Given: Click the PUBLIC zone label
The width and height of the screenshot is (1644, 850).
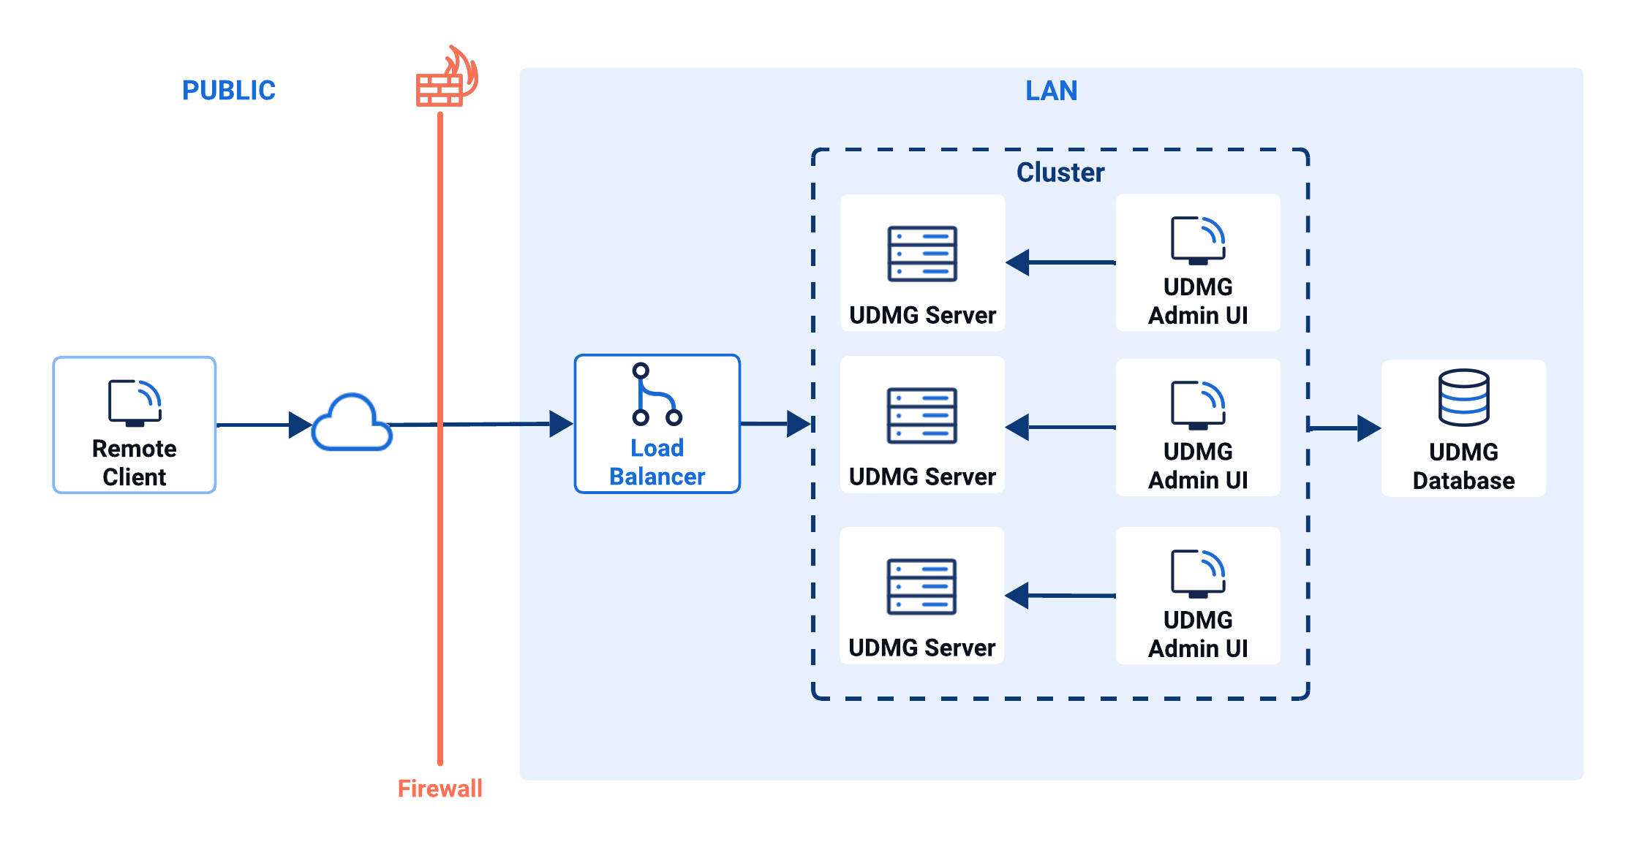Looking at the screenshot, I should [x=228, y=91].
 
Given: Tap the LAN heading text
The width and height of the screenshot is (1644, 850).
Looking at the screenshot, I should [x=1051, y=91].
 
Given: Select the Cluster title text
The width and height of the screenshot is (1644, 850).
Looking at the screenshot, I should [x=1060, y=172].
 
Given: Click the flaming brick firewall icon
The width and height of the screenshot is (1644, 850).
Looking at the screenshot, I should [x=445, y=79].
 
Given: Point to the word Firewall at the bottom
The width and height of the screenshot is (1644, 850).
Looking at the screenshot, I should [x=440, y=788].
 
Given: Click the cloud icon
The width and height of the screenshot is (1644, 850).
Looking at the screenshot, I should [x=352, y=424].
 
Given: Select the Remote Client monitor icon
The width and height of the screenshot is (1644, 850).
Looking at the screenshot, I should [x=135, y=402].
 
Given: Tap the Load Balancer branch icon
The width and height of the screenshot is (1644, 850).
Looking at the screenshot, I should [x=655, y=395].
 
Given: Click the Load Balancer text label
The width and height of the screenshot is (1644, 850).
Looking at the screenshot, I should [x=657, y=462].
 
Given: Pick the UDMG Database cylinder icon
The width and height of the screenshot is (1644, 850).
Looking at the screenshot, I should [x=1463, y=398].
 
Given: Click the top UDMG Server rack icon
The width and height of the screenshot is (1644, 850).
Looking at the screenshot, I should [x=922, y=254].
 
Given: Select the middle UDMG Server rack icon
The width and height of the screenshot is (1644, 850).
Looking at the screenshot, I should [x=921, y=415].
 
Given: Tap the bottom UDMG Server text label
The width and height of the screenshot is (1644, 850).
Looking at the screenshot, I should [x=921, y=648].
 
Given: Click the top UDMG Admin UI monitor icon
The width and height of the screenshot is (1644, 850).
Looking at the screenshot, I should [x=1198, y=240].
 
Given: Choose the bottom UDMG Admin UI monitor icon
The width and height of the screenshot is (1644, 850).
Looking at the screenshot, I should [x=1198, y=573].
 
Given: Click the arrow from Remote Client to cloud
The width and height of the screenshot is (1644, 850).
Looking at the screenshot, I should [x=263, y=425].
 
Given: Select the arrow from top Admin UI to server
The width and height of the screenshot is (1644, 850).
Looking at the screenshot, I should [x=1060, y=262].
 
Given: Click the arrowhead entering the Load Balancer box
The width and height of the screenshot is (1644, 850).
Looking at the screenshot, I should [x=561, y=423].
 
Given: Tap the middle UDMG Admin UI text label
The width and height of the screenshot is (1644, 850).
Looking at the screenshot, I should [x=1198, y=466].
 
